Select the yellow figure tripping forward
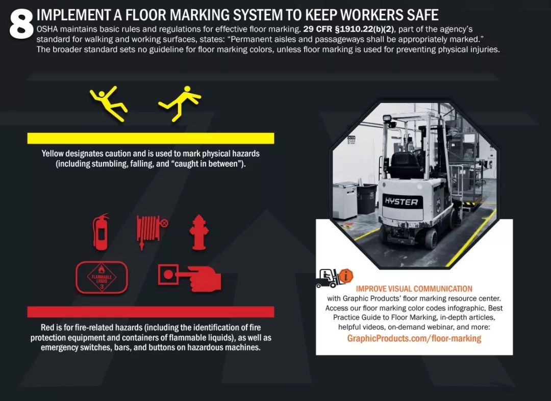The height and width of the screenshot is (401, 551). (180, 103)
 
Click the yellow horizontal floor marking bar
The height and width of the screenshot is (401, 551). (151, 138)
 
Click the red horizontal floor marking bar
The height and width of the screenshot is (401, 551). (151, 312)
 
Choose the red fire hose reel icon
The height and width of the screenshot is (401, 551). (152, 231)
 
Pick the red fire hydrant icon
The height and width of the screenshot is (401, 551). (199, 232)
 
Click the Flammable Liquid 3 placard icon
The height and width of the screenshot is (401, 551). (102, 277)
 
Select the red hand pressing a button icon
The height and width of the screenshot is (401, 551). (190, 277)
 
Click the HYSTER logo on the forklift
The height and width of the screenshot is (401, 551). (402, 202)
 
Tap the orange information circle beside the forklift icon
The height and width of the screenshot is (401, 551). (346, 276)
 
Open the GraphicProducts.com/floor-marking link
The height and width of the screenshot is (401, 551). (414, 338)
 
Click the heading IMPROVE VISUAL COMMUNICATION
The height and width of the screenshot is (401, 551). (414, 289)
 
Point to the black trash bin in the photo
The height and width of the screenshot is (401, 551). (366, 199)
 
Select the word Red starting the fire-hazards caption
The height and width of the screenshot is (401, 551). (47, 328)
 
